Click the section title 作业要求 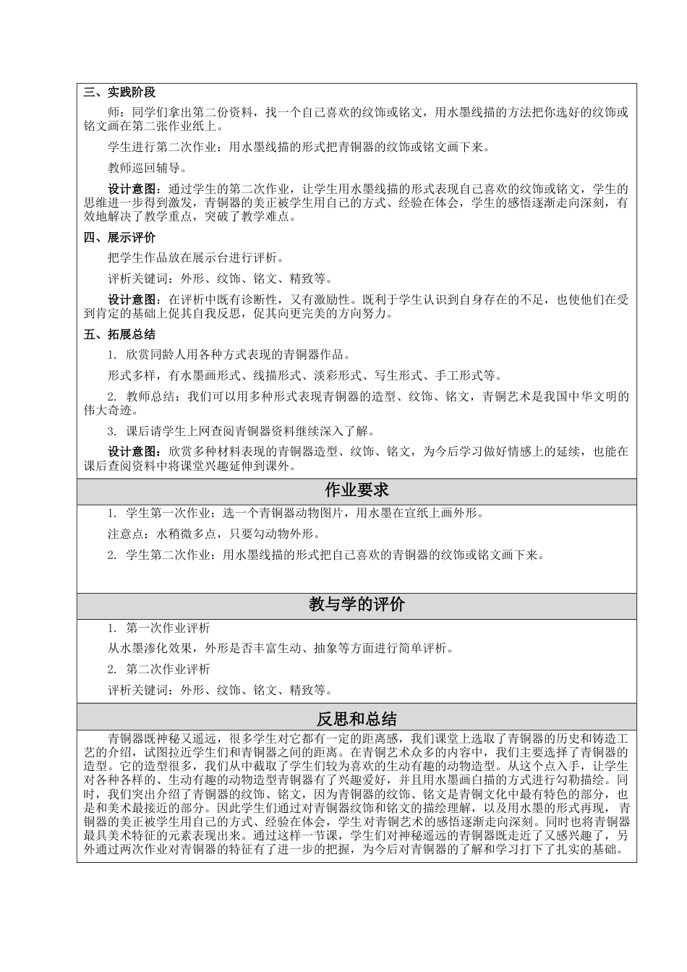tap(357, 490)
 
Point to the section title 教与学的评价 tap(357, 605)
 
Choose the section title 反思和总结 tap(357, 719)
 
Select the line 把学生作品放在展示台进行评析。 tap(196, 257)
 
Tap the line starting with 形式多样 tap(304, 375)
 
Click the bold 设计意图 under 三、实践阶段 tap(130, 189)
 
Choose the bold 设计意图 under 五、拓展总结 tap(130, 452)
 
